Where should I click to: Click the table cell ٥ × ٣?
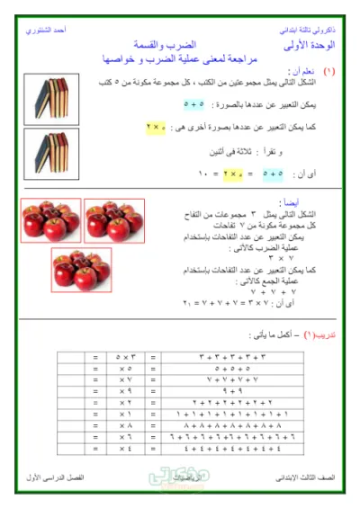[x=123, y=357]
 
